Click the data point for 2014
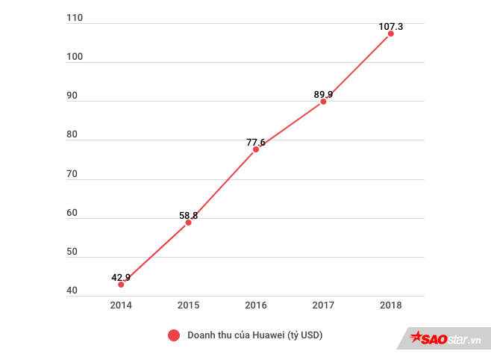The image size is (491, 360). [121, 285]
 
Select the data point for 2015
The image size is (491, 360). [188, 223]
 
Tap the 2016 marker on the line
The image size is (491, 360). [256, 149]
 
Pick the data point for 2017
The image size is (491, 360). [323, 102]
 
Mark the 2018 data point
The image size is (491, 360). [390, 34]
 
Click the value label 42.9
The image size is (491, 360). [121, 277]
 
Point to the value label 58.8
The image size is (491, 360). [188, 215]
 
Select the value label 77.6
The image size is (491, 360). [256, 142]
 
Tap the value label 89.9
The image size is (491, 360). [323, 94]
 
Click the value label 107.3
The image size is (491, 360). [390, 26]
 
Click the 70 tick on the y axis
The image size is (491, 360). [72, 174]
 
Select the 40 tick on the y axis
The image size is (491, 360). [72, 291]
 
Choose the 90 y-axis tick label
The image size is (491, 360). [72, 96]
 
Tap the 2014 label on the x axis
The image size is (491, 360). [121, 305]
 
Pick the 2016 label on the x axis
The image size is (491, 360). [256, 305]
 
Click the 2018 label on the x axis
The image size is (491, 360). [390, 305]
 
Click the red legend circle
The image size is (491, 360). [174, 335]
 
